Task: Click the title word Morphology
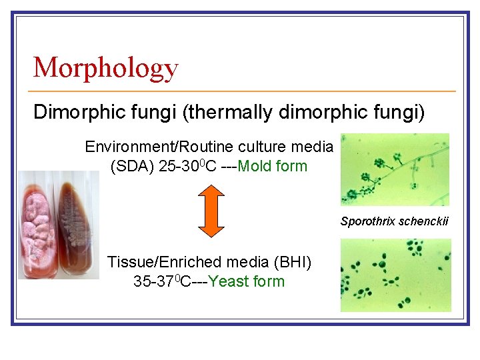coord(105,68)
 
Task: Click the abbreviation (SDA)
coord(133,166)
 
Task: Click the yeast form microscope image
coord(395,275)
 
